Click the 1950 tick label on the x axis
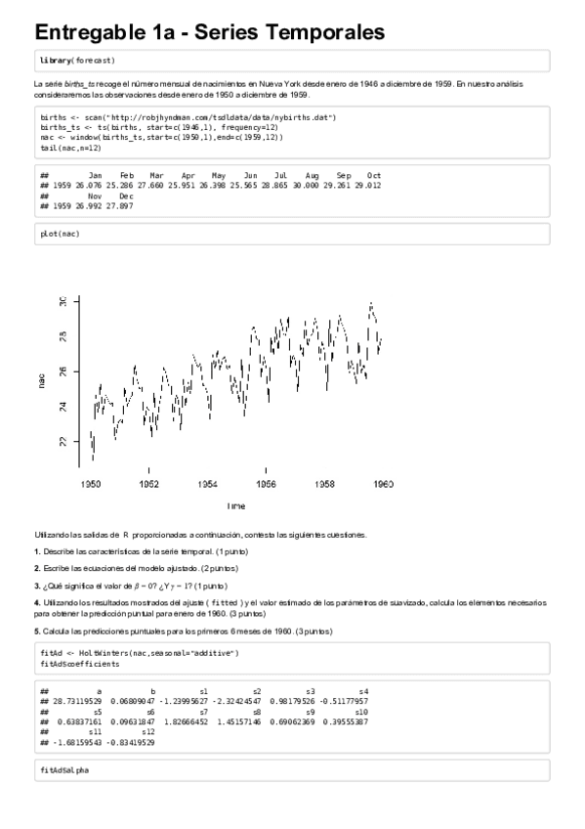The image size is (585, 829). coord(91,484)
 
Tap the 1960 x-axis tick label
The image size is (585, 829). coord(384,484)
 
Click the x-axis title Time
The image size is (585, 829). coord(236,506)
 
